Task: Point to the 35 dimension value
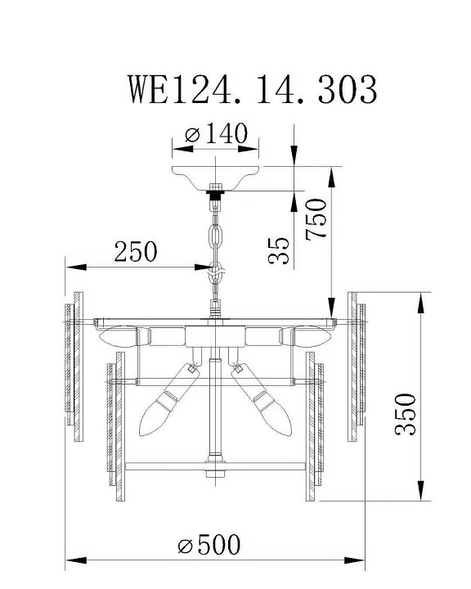278,250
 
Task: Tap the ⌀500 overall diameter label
209,544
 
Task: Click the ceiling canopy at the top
216,176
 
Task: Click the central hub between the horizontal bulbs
215,336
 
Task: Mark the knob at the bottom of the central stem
215,472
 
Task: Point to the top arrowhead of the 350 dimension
420,301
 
